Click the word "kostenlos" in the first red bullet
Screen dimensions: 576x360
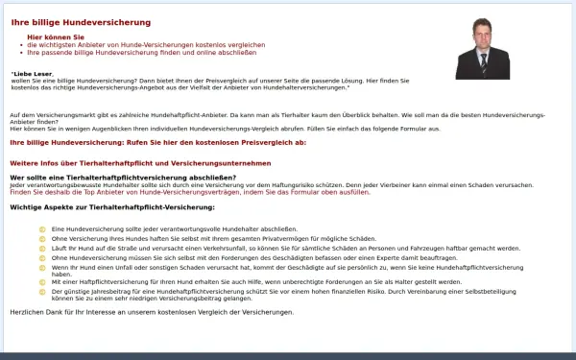point(181,44)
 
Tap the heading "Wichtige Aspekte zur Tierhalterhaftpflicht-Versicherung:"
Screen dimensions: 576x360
point(111,207)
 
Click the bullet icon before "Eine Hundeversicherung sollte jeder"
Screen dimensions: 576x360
point(42,228)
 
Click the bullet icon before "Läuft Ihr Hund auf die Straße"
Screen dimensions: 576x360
point(42,247)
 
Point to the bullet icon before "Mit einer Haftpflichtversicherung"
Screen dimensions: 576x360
point(42,282)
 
